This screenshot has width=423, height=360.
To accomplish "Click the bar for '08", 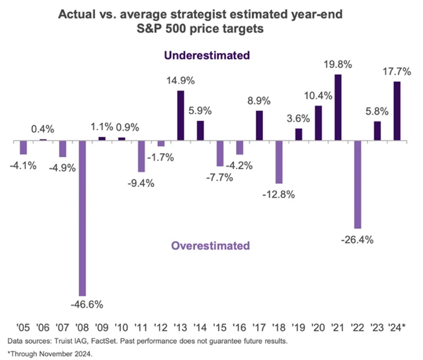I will coord(82,218).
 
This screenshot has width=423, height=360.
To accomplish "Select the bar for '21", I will coord(338,108).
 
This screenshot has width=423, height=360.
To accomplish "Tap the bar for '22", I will coord(358,184).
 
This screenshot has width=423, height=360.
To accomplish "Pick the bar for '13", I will coord(180,116).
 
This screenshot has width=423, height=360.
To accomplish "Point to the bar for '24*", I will coord(397,111).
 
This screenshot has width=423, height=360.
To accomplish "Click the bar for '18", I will coord(279,162).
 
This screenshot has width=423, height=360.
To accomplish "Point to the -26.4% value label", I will coord(358,239).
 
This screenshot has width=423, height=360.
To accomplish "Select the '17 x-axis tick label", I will coord(260,326).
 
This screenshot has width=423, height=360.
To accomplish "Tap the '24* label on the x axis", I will coord(398,326).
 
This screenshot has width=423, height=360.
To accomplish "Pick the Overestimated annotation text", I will coord(211,246).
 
